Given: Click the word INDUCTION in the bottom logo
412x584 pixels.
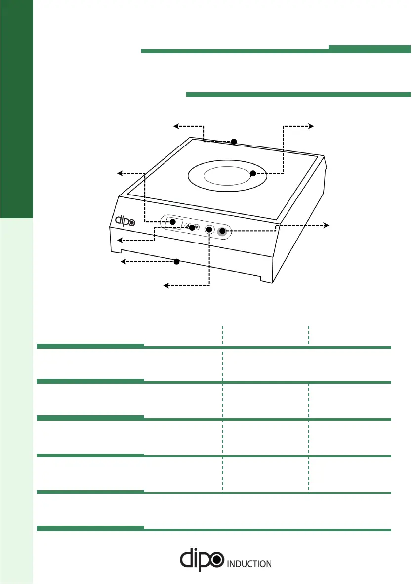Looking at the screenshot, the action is [x=249, y=563].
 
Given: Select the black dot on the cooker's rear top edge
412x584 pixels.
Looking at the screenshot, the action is [x=234, y=142].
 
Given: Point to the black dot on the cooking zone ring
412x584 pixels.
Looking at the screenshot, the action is [x=252, y=173].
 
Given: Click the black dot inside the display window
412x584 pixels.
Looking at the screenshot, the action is [x=173, y=221].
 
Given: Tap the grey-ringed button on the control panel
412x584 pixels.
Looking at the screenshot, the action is [x=223, y=231].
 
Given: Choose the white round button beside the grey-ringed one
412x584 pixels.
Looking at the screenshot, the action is [x=209, y=230].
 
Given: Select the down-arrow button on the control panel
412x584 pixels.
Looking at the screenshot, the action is [x=196, y=227].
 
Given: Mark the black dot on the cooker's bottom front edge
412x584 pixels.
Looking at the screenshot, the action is [x=176, y=261].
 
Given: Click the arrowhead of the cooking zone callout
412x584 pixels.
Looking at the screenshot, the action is [x=312, y=126].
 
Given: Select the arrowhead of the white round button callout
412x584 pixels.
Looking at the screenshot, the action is [x=166, y=285].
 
